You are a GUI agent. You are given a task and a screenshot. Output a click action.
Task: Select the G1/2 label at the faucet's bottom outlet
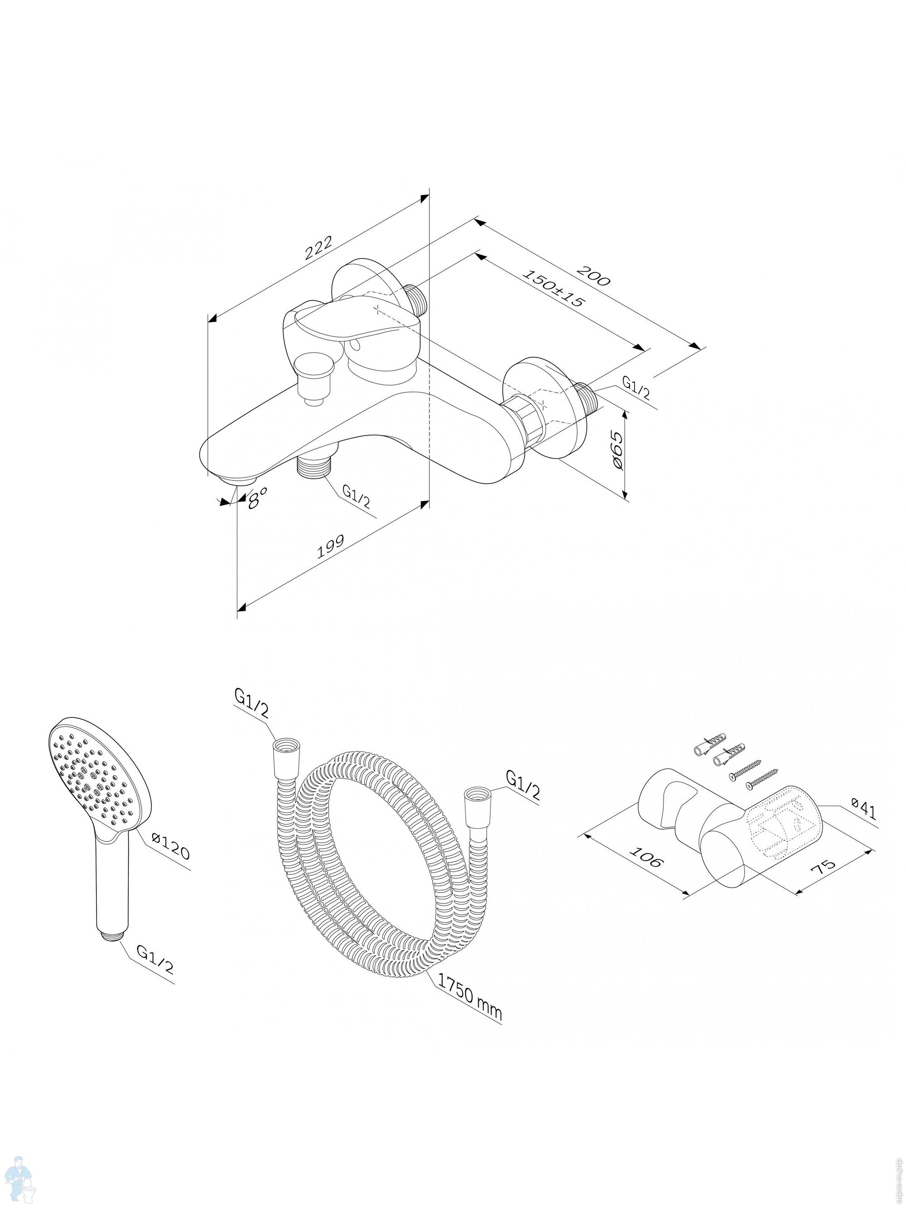[356, 496]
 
